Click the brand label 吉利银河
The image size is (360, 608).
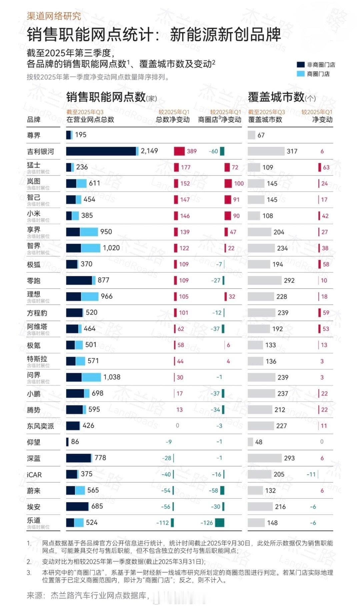(x=40, y=152)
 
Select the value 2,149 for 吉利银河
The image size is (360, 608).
(x=149, y=151)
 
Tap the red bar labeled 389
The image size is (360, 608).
(x=179, y=151)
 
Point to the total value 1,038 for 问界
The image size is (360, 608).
(x=112, y=377)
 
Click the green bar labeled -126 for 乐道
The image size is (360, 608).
(x=219, y=523)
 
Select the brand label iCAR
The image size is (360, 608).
(x=34, y=475)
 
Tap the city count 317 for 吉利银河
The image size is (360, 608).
(x=292, y=151)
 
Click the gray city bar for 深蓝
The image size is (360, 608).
(x=265, y=458)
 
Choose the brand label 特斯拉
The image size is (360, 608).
(x=37, y=359)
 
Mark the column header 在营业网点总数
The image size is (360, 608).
(x=90, y=120)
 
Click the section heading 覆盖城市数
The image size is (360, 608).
(x=276, y=97)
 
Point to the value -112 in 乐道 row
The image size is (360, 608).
(x=163, y=523)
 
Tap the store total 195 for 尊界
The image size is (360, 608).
(x=81, y=135)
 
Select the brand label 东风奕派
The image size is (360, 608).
(x=40, y=426)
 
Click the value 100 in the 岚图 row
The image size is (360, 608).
(x=239, y=183)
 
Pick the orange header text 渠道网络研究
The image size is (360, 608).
(x=54, y=16)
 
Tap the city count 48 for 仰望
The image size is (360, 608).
(x=259, y=442)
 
